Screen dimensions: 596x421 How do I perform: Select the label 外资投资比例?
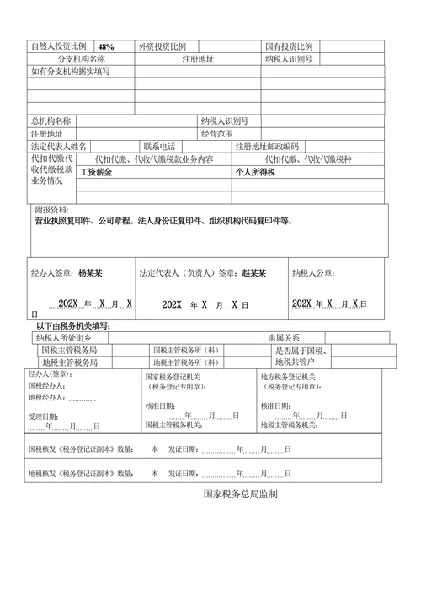coord(168,47)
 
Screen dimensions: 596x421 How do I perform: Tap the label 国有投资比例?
coord(289,47)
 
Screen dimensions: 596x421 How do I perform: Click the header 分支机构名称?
coord(81,60)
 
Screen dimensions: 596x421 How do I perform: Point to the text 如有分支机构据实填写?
coord(69,72)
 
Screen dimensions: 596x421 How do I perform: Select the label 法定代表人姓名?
coord(58,147)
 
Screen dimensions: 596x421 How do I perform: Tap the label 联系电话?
coord(160,147)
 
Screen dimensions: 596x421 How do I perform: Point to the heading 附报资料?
coord(52,209)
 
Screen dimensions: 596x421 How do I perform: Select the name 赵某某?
coord(254,274)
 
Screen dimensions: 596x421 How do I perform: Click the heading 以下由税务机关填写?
coord(74,326)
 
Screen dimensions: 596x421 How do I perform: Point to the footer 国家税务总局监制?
coord(241,495)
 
